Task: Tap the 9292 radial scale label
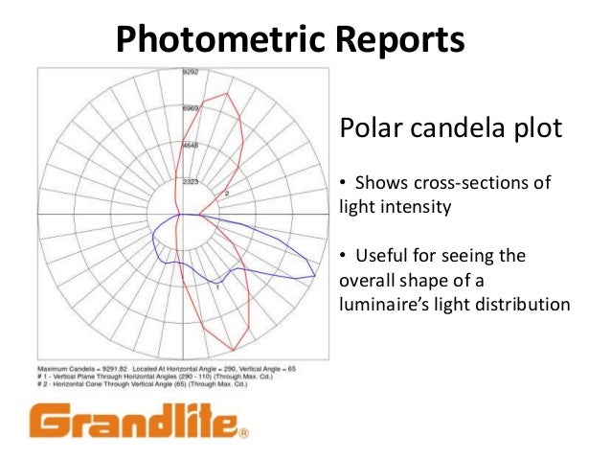point(191,72)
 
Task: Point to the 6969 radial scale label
point(191,108)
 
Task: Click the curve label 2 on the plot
point(226,194)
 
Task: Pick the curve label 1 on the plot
point(218,286)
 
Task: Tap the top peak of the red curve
point(227,93)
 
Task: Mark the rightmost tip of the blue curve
point(317,276)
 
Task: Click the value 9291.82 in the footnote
point(113,368)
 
